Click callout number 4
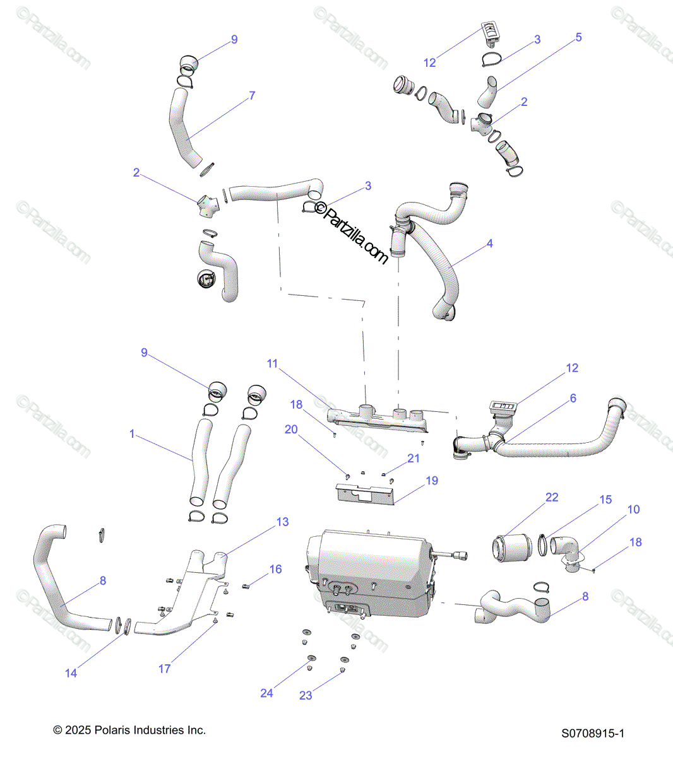490,244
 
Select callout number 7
252,96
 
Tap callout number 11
272,363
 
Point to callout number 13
282,522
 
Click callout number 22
552,497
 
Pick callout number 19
432,481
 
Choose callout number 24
266,693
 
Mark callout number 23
306,695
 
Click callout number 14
71,673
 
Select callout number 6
573,398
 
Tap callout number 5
578,38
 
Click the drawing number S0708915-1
593,733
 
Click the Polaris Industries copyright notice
129,730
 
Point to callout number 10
633,509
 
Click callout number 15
605,500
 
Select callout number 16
275,569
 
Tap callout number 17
164,668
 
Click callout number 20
291,429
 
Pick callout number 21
414,459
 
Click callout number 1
132,434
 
